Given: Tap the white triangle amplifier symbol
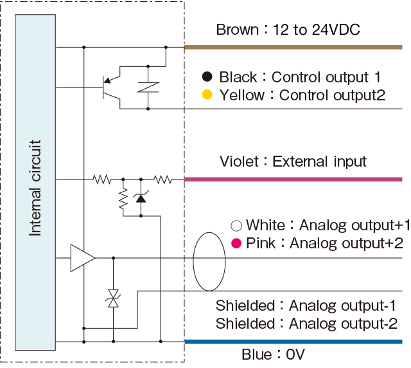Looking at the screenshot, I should coord(81,258).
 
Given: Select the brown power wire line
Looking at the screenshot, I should coord(293,48).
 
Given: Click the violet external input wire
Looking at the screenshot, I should coord(293,179).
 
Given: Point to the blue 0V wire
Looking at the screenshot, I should coord(293,342).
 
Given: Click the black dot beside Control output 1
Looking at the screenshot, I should coord(207,77).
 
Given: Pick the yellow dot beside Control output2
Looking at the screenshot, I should coord(207,95).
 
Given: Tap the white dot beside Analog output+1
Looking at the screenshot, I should coord(236,225).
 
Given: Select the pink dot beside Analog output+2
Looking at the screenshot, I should coord(236,243).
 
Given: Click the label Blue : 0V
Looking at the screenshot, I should coord(273,354).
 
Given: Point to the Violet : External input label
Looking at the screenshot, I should coord(293,161).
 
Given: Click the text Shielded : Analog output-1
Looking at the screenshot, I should coord(306,305).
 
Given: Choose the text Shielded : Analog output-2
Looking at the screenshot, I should coord(306,323).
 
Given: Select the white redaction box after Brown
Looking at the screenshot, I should coord(317,29).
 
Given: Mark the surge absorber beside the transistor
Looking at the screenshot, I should coord(148,87).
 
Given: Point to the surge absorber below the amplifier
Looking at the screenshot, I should coord(114,298).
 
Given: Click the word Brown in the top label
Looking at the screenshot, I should coord(237,30).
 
